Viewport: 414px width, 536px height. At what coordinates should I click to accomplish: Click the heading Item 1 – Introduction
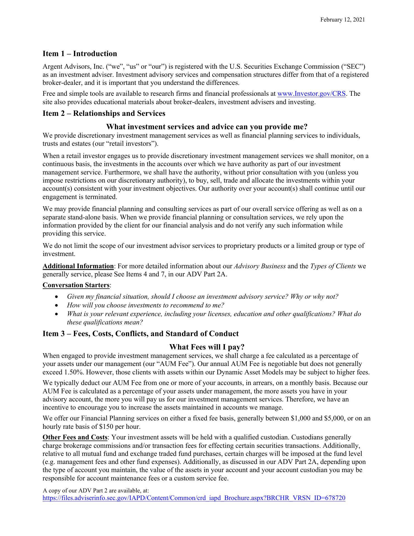pos(80,54)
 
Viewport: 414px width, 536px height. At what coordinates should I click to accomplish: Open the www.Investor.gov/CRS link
pos(312,94)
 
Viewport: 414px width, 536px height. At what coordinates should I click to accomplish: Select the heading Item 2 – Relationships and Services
pos(104,113)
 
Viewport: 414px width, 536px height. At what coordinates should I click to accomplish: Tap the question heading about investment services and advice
pos(207,127)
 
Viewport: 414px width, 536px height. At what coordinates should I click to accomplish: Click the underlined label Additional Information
pos(78,266)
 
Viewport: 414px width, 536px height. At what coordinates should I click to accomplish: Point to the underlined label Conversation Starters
pos(76,285)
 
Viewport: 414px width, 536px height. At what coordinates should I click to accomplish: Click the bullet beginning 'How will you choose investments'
pos(145,305)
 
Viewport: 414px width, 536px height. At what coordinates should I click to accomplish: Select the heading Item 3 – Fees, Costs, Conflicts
pos(140,334)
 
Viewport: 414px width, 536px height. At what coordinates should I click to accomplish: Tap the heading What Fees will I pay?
pos(207,347)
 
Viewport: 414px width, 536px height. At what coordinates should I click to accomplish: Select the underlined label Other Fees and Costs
pos(75,437)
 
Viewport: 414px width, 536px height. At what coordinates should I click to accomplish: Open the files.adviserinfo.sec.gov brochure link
pos(194,498)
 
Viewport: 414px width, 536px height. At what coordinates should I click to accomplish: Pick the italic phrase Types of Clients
pos(333,266)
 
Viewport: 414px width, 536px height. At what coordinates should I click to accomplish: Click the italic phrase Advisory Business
pos(259,266)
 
